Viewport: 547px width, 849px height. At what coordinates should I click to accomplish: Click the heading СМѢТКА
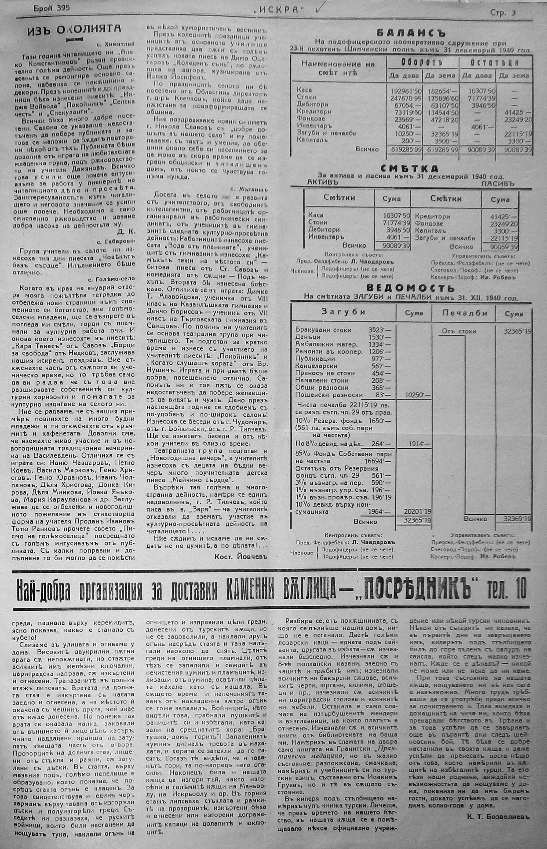click(409, 168)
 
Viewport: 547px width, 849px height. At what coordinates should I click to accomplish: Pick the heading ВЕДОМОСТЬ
click(411, 288)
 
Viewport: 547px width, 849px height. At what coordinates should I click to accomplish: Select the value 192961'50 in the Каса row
click(404, 90)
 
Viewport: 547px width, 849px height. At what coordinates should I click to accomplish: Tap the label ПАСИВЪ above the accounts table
click(498, 184)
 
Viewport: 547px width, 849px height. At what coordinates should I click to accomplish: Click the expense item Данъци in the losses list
click(308, 336)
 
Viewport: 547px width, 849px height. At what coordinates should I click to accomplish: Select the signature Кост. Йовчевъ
click(240, 557)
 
